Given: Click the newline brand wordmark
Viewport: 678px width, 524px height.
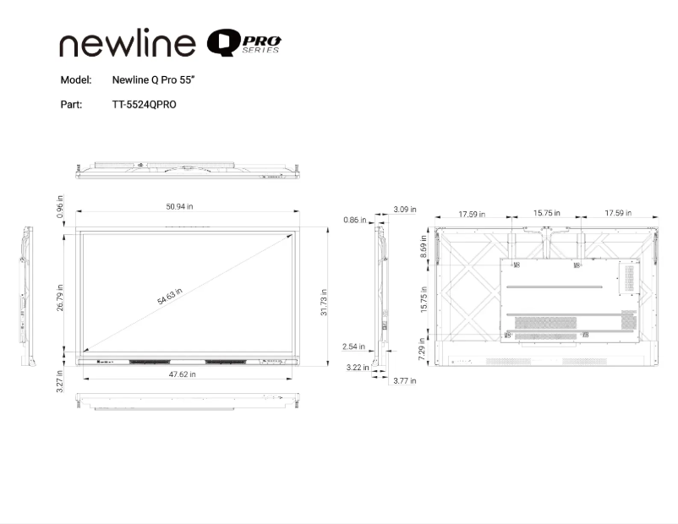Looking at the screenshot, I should (x=128, y=44).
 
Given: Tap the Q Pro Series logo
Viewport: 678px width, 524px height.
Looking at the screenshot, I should (x=244, y=43).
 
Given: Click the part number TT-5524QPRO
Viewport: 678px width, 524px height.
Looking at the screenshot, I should (x=145, y=105).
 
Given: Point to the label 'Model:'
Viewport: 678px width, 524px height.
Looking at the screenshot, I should (x=76, y=80).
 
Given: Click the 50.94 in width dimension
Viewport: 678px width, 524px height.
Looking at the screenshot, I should (x=179, y=206).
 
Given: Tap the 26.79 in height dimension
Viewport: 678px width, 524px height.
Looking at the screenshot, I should (x=61, y=297).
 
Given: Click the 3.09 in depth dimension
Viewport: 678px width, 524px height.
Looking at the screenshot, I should (x=405, y=209).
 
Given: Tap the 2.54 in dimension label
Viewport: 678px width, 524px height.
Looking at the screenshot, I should (x=353, y=347).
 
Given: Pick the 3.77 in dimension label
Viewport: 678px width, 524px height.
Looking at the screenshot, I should (x=405, y=381).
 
